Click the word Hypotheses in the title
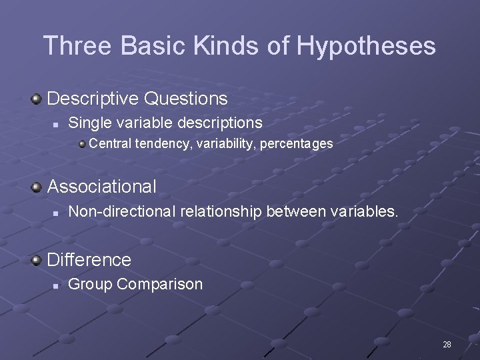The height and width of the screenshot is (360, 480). tap(366, 46)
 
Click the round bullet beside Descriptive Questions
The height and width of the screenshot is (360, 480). tap(37, 99)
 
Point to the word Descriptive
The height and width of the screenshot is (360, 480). tap(93, 99)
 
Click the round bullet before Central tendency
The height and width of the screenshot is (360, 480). tap(81, 143)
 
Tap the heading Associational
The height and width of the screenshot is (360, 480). tap(102, 187)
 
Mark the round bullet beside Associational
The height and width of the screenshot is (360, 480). tap(37, 187)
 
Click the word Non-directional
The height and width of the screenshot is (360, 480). tap(117, 211)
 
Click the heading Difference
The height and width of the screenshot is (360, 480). tap(89, 259)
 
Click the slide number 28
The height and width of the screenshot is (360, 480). tap(447, 345)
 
